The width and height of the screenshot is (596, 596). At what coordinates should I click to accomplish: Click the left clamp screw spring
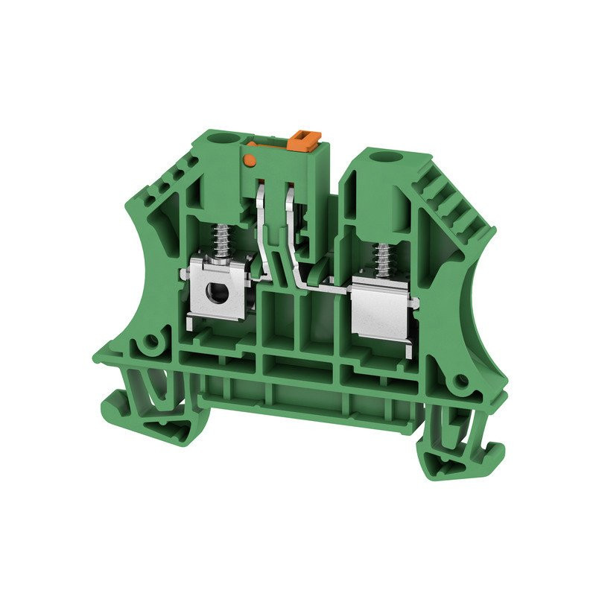[x=221, y=238]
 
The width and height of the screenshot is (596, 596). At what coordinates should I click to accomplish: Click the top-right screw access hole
[x=387, y=157]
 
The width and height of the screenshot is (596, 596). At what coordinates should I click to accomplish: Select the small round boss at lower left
[x=151, y=342]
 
